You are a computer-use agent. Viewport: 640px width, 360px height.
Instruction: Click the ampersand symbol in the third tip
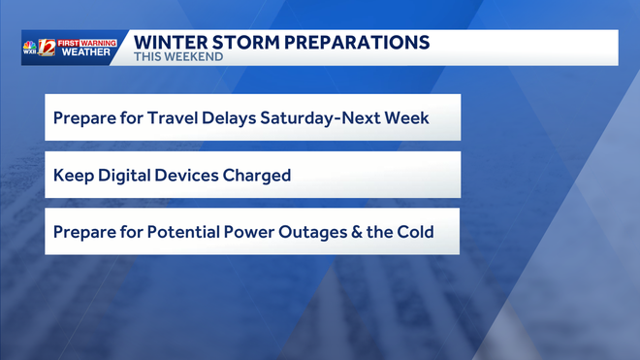click(358, 233)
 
